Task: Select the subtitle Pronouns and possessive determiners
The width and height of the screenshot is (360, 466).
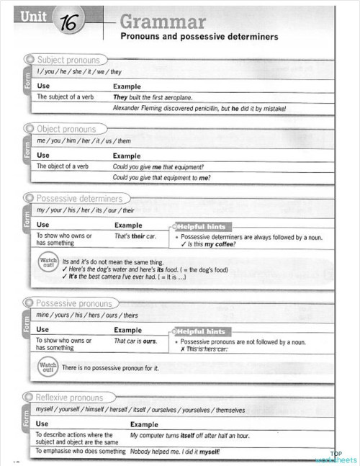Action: coord(199,36)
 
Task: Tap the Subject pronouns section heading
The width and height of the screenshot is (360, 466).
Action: coord(68,61)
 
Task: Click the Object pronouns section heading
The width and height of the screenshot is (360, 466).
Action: coord(66,129)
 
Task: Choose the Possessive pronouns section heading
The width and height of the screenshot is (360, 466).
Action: coord(73,303)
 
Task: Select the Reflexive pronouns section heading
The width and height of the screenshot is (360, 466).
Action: coord(69,397)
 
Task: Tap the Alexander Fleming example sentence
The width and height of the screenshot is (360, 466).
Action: coord(199,108)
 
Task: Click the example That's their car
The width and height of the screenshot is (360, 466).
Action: coord(135,236)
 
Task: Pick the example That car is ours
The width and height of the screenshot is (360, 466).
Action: coord(135,341)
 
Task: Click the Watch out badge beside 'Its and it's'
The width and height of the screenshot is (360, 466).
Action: coord(48,264)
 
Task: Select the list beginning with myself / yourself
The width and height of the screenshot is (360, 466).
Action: coord(140,410)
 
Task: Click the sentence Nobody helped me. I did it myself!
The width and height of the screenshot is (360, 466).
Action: coord(175,452)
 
